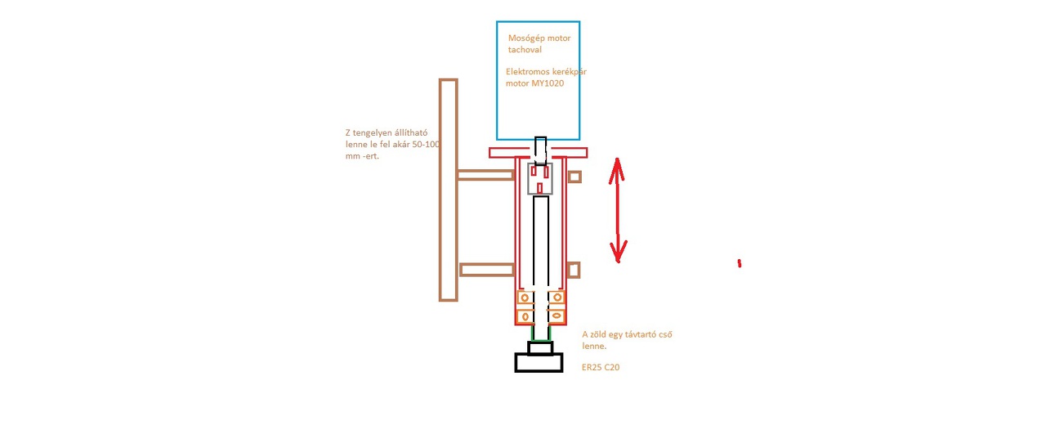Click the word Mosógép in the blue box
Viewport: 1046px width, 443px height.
[x=524, y=38]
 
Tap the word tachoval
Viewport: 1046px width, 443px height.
[x=525, y=50]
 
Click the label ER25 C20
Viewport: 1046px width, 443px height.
[x=601, y=368]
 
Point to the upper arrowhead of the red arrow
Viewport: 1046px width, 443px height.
[x=617, y=168]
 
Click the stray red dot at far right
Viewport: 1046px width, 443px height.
[x=740, y=263]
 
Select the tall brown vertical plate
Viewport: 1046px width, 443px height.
[x=448, y=190]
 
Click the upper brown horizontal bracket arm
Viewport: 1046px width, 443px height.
[x=485, y=175]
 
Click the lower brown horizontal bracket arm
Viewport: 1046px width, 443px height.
[x=487, y=270]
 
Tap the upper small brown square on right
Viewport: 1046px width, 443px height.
[x=574, y=177]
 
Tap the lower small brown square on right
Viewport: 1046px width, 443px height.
[x=574, y=270]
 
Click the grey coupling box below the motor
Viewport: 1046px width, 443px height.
[x=539, y=178]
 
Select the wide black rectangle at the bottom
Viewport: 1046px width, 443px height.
[x=539, y=362]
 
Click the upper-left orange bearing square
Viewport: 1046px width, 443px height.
[x=524, y=298]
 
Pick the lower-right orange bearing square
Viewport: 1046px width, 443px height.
[x=556, y=315]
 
